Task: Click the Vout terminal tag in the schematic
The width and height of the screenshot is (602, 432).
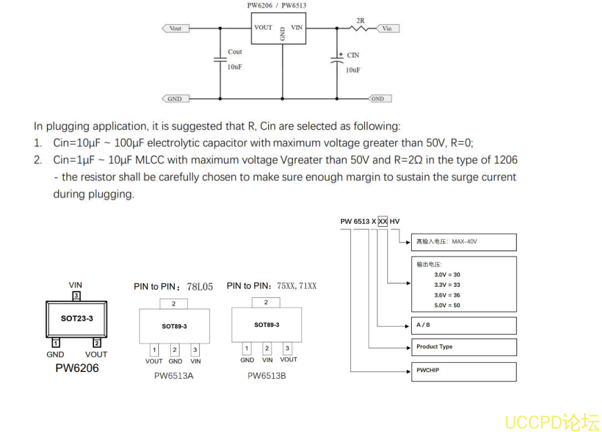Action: pyautogui.click(x=175, y=28)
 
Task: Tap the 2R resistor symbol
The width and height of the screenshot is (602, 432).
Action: pyautogui.click(x=361, y=28)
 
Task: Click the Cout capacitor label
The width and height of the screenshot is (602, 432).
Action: pyautogui.click(x=235, y=52)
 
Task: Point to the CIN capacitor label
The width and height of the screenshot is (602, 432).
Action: pyautogui.click(x=352, y=55)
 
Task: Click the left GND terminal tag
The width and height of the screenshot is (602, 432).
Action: pyautogui.click(x=174, y=99)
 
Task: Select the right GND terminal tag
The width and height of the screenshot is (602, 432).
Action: pyautogui.click(x=377, y=99)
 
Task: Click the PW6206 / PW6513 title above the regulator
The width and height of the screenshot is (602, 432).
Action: pyautogui.click(x=276, y=6)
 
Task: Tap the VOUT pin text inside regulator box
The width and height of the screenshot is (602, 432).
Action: pyautogui.click(x=263, y=28)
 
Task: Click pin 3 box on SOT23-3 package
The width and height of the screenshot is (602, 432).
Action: pyautogui.click(x=77, y=296)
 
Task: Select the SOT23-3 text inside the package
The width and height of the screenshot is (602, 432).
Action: pyautogui.click(x=77, y=319)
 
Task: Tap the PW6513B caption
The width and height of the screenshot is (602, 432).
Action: pyautogui.click(x=267, y=376)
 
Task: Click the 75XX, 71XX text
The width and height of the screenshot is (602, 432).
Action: pyautogui.click(x=297, y=285)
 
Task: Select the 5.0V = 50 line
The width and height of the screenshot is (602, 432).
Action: pyautogui.click(x=446, y=305)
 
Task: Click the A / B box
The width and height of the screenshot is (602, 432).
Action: pyautogui.click(x=465, y=325)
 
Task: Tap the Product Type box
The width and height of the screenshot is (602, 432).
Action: pyautogui.click(x=465, y=347)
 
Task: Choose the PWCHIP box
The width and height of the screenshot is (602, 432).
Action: pyautogui.click(x=465, y=371)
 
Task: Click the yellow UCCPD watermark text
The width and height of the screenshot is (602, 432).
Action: pyautogui.click(x=552, y=422)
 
